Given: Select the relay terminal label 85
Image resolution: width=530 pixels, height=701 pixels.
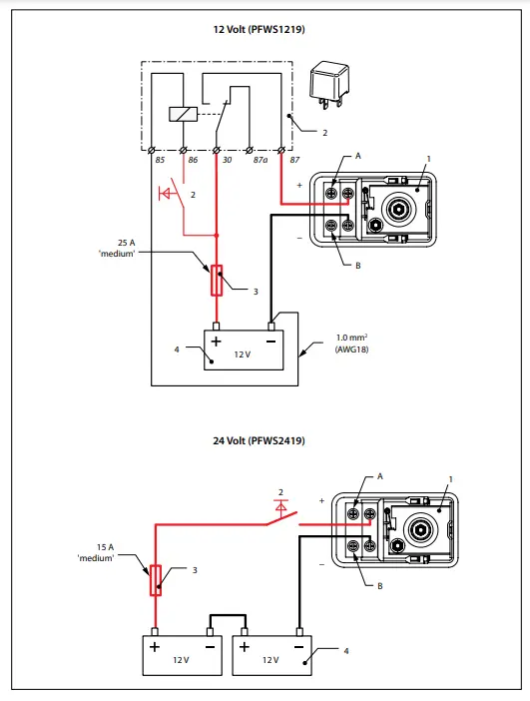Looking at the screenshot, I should tap(158, 160).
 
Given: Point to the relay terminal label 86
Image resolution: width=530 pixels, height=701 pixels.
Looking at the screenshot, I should tap(190, 160).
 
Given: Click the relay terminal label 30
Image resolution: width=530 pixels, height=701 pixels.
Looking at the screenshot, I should tap(226, 160).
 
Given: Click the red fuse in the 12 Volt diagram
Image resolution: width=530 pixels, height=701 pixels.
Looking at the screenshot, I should tap(217, 280).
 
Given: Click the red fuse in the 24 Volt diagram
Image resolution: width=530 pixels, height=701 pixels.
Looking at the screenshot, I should tap(155, 579).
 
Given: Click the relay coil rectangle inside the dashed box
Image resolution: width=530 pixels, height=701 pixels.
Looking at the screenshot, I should tap(183, 113).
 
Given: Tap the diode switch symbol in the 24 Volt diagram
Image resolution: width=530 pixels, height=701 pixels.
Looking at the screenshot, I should tap(282, 514).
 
